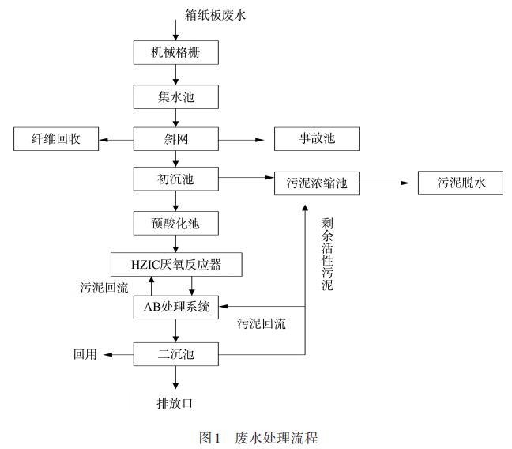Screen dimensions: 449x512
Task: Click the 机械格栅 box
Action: [x=175, y=52]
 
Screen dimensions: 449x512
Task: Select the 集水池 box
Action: [x=175, y=96]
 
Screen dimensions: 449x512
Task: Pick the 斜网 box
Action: [x=175, y=140]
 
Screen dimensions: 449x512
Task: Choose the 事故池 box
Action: [x=317, y=140]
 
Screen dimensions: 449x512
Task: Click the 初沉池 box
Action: [x=175, y=179]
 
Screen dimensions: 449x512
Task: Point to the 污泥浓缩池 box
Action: [x=317, y=184]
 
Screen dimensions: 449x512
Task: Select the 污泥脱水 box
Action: [x=461, y=183]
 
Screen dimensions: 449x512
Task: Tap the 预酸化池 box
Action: [x=175, y=224]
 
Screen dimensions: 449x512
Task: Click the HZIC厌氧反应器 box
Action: [x=176, y=264]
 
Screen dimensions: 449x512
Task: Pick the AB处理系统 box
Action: [x=175, y=307]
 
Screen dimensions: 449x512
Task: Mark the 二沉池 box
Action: [x=175, y=354]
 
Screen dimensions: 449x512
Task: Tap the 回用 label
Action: [x=85, y=354]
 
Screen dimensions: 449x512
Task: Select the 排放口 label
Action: [x=175, y=403]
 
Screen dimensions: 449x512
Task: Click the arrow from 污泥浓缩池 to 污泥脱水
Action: [x=388, y=184]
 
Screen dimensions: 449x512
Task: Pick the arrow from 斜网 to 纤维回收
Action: [x=117, y=140]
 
